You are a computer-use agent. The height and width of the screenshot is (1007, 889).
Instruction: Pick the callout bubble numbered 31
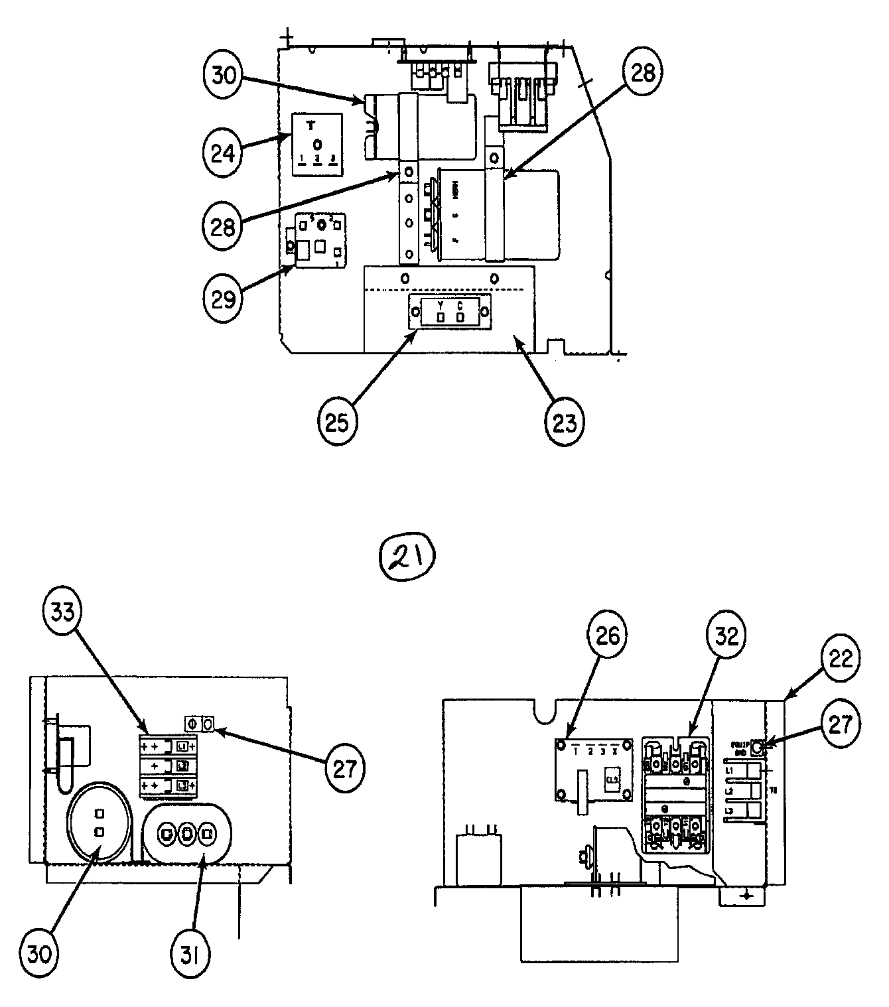click(193, 955)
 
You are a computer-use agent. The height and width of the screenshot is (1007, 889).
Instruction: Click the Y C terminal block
click(450, 312)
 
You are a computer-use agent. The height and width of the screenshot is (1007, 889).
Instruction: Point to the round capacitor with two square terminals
click(99, 822)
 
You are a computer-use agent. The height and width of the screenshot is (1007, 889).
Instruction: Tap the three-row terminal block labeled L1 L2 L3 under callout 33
click(169, 765)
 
